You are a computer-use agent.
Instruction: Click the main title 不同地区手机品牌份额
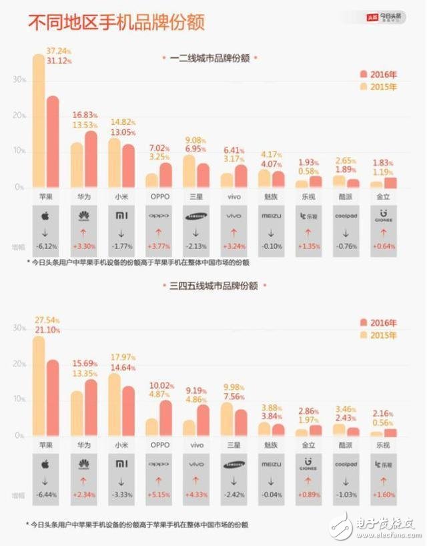tap(115, 22)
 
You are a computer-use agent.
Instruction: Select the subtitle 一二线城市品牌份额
tap(209, 59)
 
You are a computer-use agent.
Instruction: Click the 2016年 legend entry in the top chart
tap(378, 74)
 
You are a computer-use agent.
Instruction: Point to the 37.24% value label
tap(59, 50)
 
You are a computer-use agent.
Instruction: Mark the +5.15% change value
tap(159, 494)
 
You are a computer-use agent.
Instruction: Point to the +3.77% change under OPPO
tap(159, 246)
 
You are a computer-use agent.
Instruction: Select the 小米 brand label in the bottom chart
tap(121, 444)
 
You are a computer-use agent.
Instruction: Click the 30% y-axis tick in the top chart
tap(19, 79)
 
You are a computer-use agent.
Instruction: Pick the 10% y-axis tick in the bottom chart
tap(19, 399)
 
